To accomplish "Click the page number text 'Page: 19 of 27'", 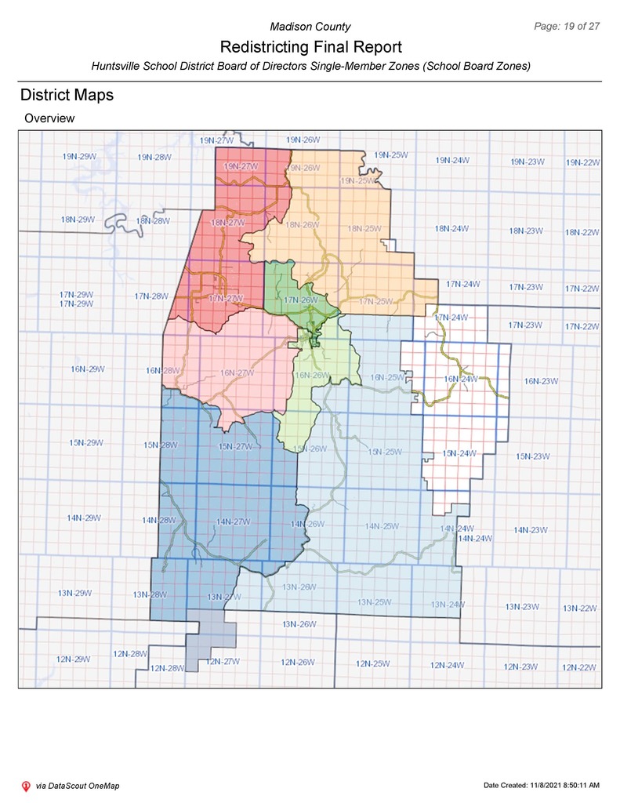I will (566, 26).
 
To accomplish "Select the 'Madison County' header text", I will (310, 27).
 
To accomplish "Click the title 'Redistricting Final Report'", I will (310, 47).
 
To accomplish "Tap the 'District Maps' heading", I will (67, 95).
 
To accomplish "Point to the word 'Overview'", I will (49, 118).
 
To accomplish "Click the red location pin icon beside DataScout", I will (25, 786).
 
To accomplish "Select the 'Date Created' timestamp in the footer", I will (542, 786).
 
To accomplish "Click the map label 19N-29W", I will (79, 156).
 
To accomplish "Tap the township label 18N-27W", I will (228, 223).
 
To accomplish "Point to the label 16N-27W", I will (237, 373).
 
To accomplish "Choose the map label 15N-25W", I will (384, 452).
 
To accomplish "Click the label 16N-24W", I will (461, 380).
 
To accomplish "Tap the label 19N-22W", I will (582, 162).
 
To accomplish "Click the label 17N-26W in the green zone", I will (300, 300).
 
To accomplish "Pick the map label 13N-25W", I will (374, 602).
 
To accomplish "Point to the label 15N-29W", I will (86, 443).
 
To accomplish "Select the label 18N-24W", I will (451, 229).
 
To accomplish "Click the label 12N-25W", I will (373, 664).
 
